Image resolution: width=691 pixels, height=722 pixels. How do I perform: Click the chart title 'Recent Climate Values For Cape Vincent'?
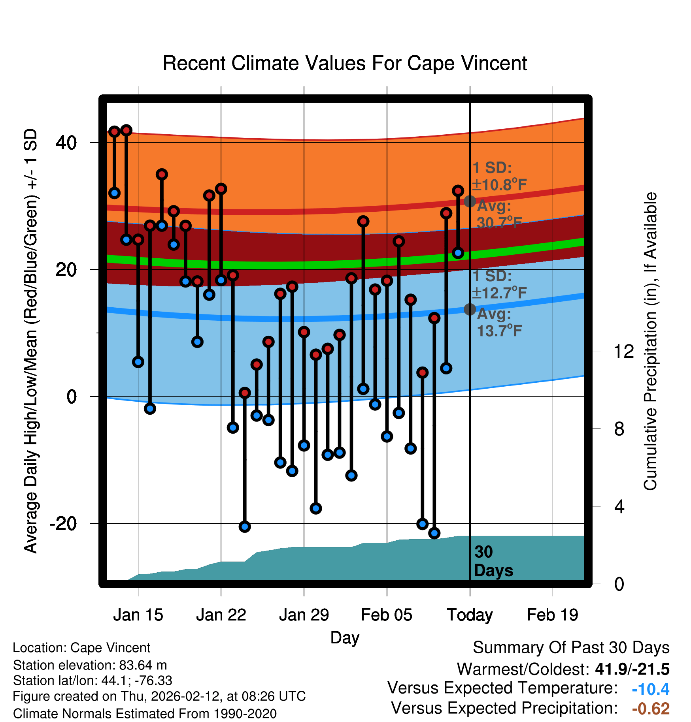point(345,63)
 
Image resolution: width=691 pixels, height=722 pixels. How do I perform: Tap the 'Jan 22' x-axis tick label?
point(221,615)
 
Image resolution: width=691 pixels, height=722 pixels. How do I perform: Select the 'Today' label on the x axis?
point(470,615)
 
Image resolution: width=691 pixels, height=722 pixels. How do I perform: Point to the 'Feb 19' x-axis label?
point(552,615)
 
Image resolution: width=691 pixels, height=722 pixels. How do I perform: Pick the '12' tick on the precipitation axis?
point(623,351)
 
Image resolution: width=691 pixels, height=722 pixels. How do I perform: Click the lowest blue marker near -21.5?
point(434,533)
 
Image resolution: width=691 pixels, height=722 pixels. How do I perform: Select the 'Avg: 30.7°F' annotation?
point(499,214)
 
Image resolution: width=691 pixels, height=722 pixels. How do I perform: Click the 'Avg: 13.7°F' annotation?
point(499,322)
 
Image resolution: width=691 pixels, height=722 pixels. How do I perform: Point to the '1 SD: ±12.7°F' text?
point(499,284)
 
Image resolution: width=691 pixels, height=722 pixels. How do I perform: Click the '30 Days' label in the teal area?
point(493,561)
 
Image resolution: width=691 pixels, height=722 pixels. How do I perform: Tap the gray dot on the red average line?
point(470,201)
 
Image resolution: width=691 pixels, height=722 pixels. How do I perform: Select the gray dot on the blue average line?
point(470,309)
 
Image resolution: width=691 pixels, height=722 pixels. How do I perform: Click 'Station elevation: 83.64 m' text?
point(90,665)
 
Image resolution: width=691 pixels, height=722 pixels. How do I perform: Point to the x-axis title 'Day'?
point(345,637)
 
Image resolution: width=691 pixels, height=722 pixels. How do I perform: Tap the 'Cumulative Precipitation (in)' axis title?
point(650,342)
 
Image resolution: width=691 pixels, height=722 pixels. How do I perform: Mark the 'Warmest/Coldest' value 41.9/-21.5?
point(632,669)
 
